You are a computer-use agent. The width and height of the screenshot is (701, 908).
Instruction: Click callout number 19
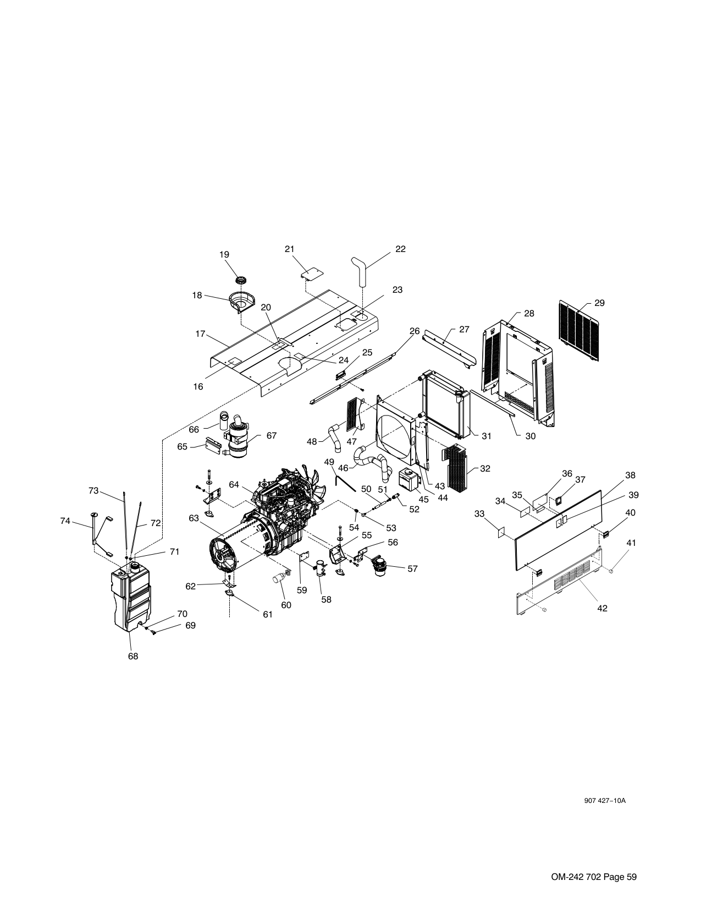[x=224, y=254]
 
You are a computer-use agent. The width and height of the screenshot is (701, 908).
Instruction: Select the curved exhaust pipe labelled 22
[x=358, y=272]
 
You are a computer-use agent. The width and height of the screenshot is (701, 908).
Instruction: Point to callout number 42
[x=602, y=609]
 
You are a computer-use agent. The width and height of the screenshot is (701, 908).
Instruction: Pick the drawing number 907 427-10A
[x=605, y=801]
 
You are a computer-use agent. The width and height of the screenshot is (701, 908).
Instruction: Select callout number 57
[x=412, y=568]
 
